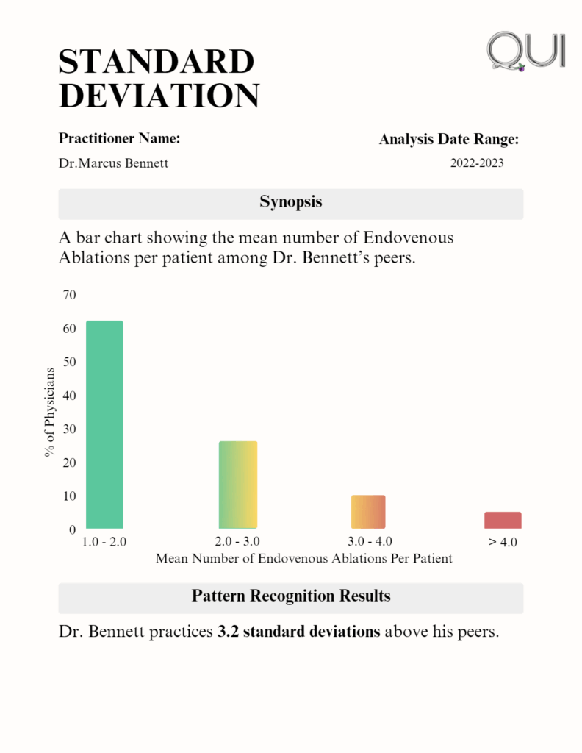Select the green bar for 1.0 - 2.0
pyautogui.click(x=104, y=424)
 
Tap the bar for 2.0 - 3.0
pyautogui.click(x=238, y=485)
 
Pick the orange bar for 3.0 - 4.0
pyautogui.click(x=368, y=512)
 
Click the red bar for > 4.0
pyautogui.click(x=503, y=520)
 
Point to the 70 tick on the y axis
pyautogui.click(x=70, y=295)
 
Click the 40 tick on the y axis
pyautogui.click(x=70, y=396)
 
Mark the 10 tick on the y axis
pyautogui.click(x=70, y=496)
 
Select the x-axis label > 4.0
pyautogui.click(x=503, y=543)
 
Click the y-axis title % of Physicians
pyautogui.click(x=49, y=412)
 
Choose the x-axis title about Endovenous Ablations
pyautogui.click(x=303, y=559)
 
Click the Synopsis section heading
pyautogui.click(x=291, y=202)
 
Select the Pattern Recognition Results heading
pyautogui.click(x=291, y=596)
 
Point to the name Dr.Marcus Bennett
pyautogui.click(x=113, y=163)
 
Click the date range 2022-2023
pyautogui.click(x=477, y=163)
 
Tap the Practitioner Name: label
pyautogui.click(x=119, y=138)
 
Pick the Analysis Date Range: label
pyautogui.click(x=449, y=139)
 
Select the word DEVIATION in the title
pyautogui.click(x=159, y=96)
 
